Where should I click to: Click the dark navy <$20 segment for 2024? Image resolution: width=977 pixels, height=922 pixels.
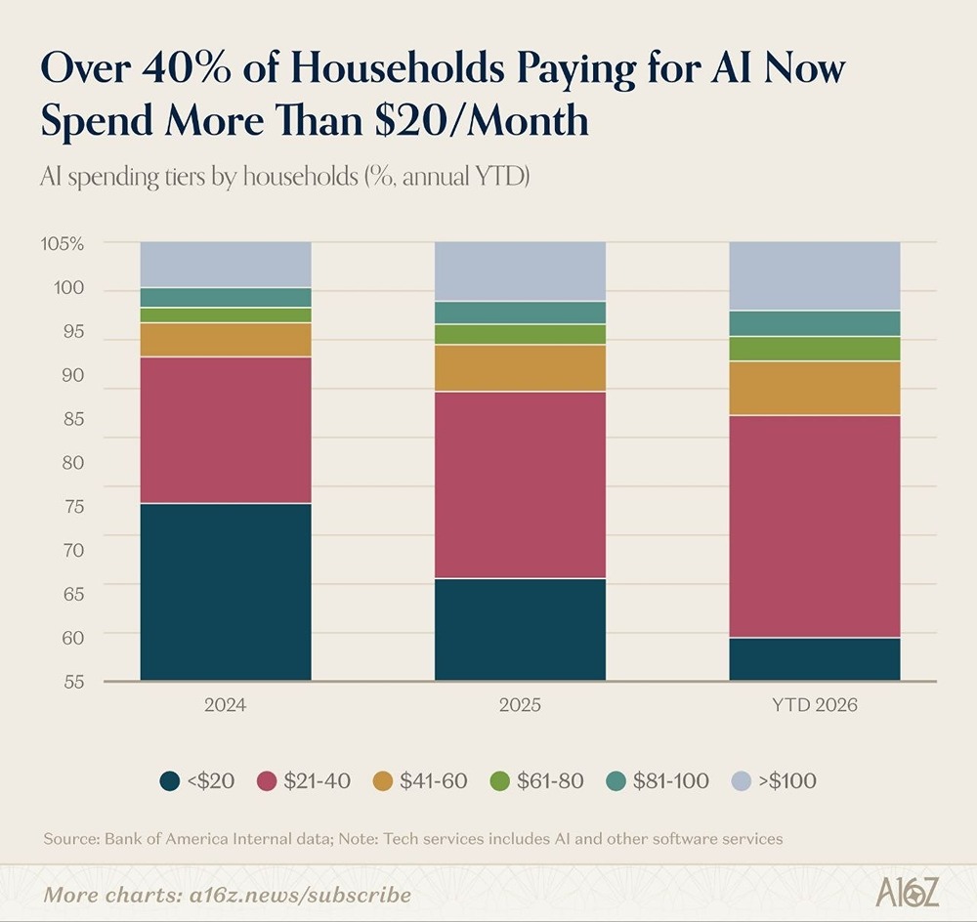pyautogui.click(x=226, y=591)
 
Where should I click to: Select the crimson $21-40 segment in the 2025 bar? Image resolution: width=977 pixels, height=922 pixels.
pyautogui.click(x=520, y=484)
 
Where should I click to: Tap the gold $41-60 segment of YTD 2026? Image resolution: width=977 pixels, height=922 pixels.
pyautogui.click(x=814, y=388)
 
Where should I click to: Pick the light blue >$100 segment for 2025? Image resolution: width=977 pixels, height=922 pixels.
pyautogui.click(x=520, y=271)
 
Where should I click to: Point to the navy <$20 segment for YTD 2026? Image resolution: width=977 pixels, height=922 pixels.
pyautogui.click(x=814, y=658)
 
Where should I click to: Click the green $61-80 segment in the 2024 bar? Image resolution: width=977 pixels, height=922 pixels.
pyautogui.click(x=226, y=314)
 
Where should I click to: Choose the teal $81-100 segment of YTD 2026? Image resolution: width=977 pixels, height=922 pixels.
pyautogui.click(x=814, y=323)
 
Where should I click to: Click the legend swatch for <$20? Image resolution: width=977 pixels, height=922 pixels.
pyautogui.click(x=170, y=780)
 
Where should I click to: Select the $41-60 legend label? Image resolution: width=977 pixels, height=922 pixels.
pyautogui.click(x=433, y=780)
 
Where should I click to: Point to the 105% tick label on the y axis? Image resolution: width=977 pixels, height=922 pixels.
pyautogui.click(x=64, y=243)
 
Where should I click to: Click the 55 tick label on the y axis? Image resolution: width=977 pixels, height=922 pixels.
pyautogui.click(x=74, y=681)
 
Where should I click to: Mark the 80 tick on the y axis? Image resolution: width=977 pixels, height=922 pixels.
pyautogui.click(x=74, y=462)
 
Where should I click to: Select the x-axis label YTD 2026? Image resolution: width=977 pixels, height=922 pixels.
pyautogui.click(x=814, y=704)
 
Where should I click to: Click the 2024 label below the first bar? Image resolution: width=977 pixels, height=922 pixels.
pyautogui.click(x=226, y=704)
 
